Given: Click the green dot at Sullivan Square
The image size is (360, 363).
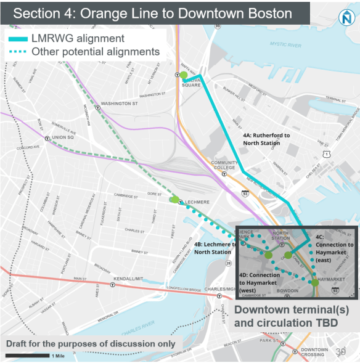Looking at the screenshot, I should [184, 76].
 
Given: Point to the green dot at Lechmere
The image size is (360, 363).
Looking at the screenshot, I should [174, 199].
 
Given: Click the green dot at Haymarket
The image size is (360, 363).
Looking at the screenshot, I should [316, 283].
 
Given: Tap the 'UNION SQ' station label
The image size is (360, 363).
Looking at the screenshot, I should [62, 137].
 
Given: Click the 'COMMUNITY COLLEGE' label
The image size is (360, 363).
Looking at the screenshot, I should [224, 165].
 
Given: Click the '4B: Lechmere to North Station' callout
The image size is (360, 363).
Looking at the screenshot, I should [215, 248].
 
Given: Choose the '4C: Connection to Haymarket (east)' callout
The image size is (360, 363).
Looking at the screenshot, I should [334, 248].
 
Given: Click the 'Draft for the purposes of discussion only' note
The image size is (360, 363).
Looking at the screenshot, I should [91, 343].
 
